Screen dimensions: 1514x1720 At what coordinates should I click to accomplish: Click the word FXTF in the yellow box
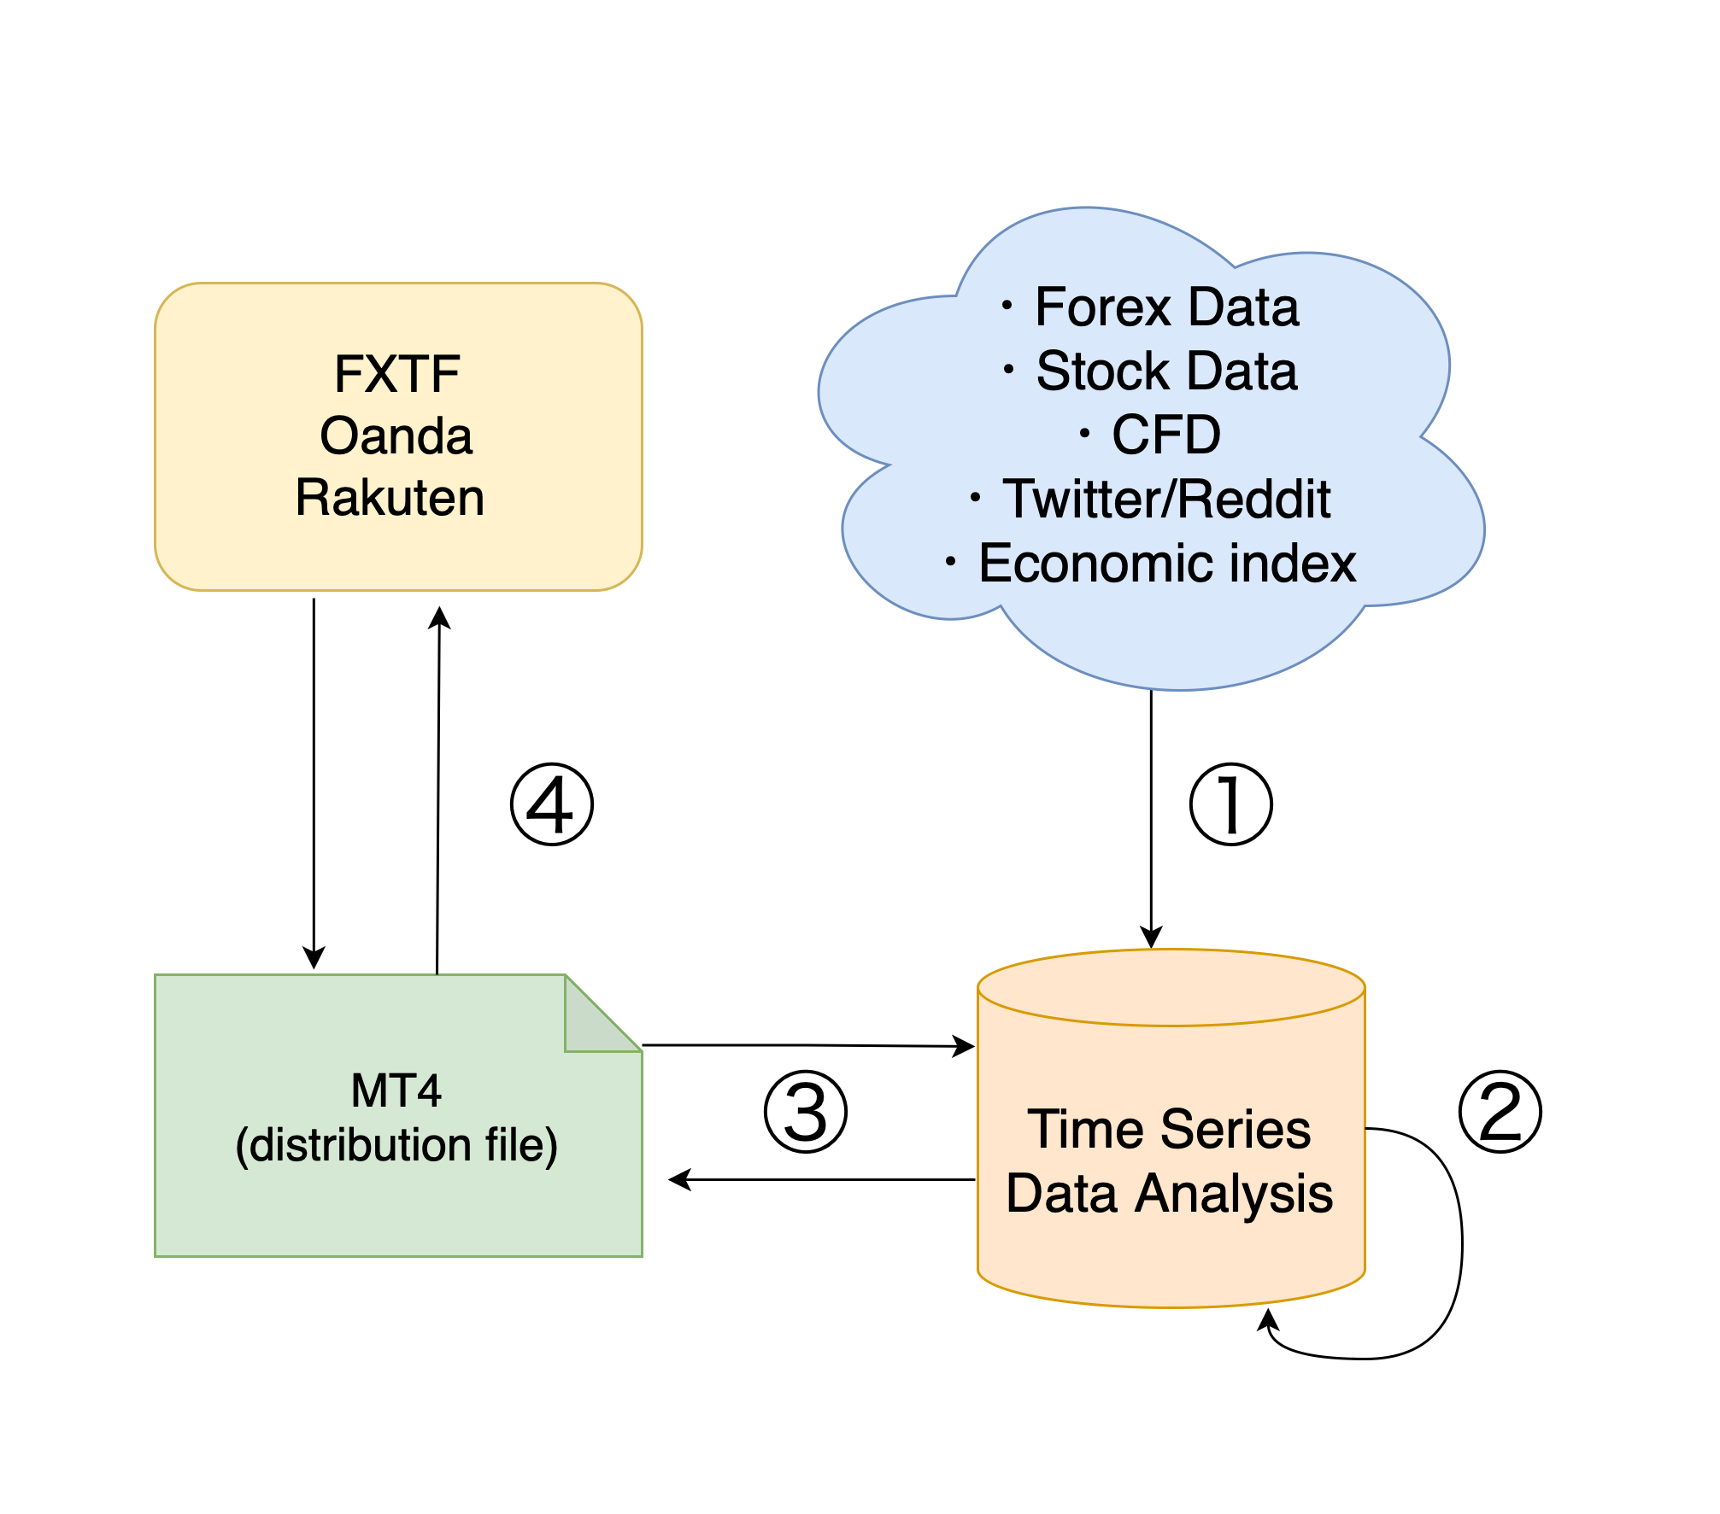point(396,374)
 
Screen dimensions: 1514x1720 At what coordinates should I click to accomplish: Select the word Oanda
point(396,435)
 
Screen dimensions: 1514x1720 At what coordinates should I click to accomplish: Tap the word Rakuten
point(390,497)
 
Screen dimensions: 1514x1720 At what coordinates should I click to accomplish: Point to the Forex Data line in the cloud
point(1165,307)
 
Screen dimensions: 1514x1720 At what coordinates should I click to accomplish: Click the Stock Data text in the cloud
point(1165,371)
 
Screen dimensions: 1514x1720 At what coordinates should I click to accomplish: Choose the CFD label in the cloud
point(1165,435)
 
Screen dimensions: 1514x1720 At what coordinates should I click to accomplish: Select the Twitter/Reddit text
point(1165,499)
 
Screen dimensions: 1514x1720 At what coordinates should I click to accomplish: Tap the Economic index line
point(1165,563)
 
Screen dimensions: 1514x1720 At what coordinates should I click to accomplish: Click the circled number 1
point(1230,804)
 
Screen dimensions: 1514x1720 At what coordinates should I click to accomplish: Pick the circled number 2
point(1500,1111)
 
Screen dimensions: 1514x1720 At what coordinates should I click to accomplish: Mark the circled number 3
point(805,1112)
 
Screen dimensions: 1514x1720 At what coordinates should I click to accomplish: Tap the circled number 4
point(551,804)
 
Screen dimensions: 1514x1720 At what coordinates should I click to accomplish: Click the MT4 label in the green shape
point(396,1090)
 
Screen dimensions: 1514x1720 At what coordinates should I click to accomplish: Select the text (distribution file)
point(396,1145)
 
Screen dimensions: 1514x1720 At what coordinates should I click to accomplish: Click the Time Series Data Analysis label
point(1169,1160)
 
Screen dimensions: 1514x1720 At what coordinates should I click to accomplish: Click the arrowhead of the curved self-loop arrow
point(1269,1321)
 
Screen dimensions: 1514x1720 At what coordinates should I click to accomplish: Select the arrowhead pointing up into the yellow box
point(439,617)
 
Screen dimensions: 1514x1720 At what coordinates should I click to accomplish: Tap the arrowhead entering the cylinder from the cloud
point(1151,938)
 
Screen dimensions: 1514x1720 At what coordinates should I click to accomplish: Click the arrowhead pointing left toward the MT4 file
point(679,1179)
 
